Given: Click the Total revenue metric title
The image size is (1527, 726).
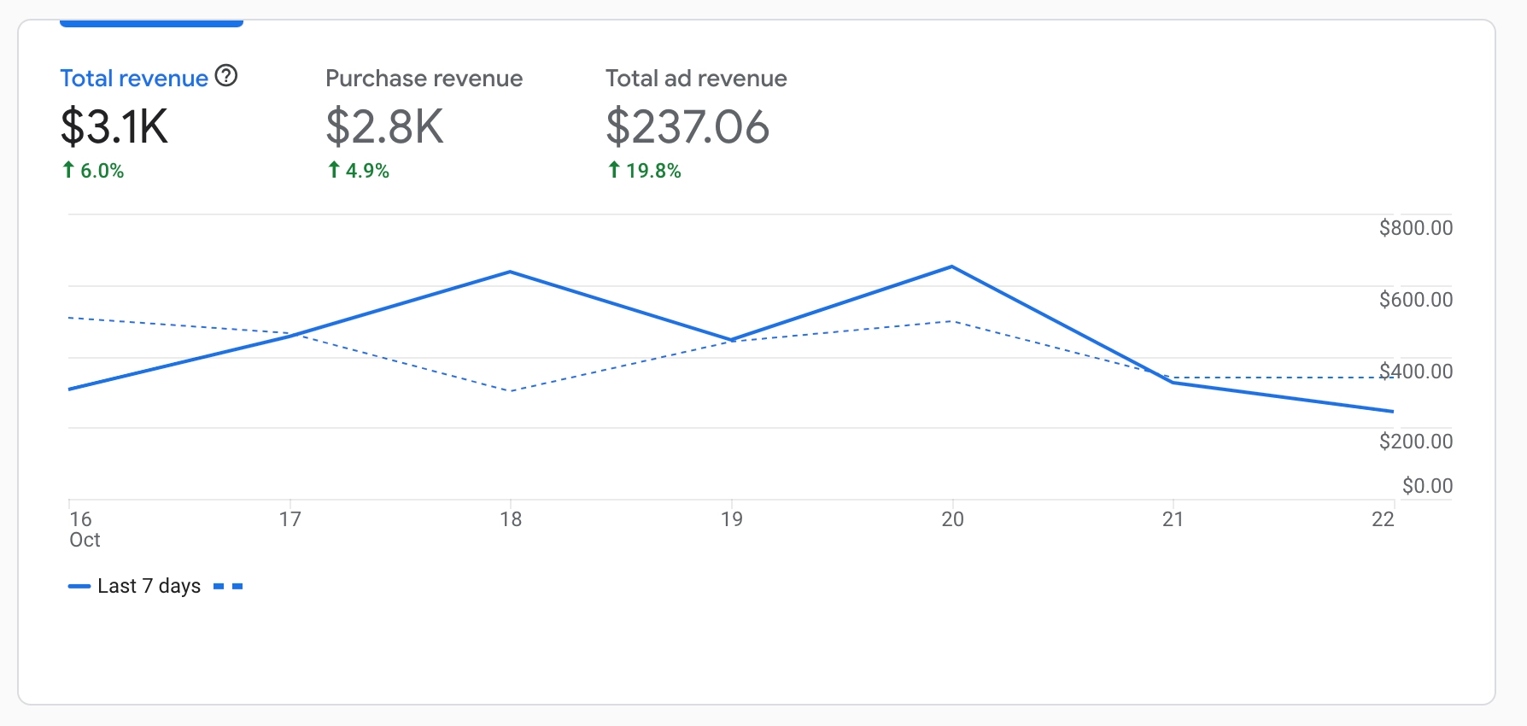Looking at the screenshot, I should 134,79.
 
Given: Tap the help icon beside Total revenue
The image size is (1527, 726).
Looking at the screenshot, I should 226,76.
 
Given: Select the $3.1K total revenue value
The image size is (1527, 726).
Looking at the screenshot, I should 114,126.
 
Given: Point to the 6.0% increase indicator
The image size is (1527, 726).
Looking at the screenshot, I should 94,171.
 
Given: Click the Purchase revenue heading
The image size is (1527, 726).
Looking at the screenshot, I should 424,79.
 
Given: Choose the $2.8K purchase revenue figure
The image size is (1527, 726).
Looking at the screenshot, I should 384,126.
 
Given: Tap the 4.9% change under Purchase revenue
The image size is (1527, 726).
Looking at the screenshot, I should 359,171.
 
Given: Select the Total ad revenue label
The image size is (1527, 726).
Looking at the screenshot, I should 696,79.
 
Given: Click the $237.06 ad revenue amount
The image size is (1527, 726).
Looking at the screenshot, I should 687,126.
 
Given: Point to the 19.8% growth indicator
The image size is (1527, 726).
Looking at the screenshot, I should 645,171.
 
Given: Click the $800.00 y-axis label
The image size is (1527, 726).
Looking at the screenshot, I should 1415,228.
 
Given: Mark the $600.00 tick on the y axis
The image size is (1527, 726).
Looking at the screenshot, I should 1415,300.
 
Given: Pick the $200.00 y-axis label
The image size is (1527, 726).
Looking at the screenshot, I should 1415,442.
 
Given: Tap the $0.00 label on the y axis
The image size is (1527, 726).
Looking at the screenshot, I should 1427,486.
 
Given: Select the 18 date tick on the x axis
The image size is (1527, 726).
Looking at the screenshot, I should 511,519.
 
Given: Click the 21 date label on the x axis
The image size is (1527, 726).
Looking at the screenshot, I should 1173,519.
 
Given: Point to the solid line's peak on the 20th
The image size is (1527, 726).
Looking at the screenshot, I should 952,267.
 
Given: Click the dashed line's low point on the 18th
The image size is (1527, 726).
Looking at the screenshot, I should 511,390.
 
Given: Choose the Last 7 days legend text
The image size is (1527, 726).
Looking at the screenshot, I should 149,586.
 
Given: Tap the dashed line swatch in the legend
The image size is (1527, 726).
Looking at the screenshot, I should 228,586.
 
